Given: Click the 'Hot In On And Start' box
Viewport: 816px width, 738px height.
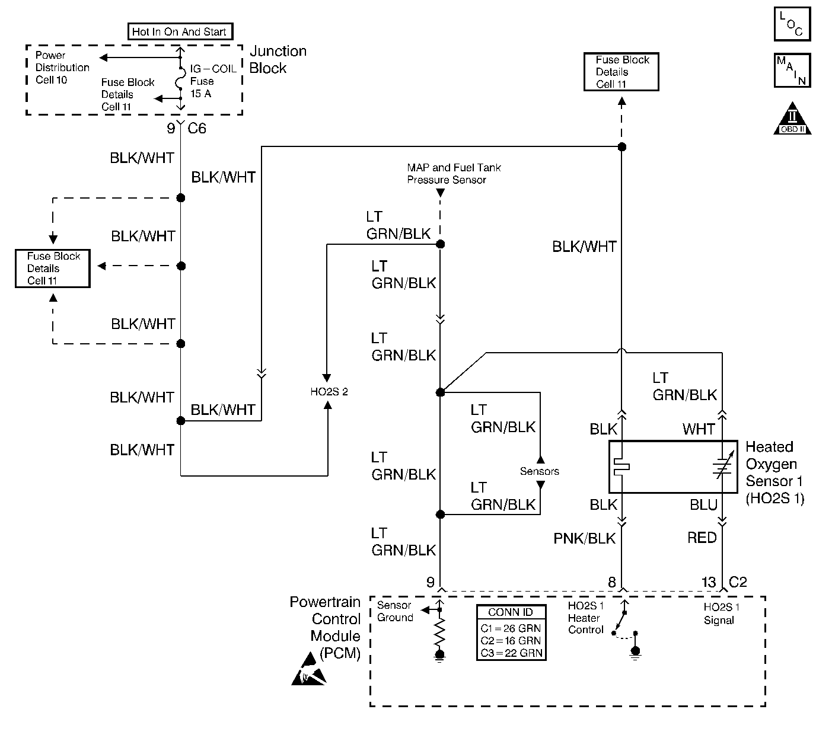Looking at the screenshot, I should click(180, 31).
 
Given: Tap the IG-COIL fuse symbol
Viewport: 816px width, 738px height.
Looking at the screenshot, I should click(180, 82).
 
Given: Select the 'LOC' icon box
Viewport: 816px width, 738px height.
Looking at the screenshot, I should click(792, 24).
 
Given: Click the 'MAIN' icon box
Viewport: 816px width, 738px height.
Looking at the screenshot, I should click(792, 71).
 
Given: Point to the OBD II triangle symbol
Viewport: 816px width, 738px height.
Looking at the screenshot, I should click(792, 120).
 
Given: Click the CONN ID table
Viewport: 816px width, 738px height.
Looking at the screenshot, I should click(511, 632).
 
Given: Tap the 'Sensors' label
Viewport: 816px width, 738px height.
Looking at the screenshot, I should click(540, 471).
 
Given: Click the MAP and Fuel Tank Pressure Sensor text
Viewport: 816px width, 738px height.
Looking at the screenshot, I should click(454, 174).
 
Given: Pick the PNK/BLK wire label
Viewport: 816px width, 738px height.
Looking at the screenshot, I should click(585, 538).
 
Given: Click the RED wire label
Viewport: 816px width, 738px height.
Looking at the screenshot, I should click(702, 538).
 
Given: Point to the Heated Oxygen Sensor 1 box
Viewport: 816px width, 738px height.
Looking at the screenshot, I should click(673, 467).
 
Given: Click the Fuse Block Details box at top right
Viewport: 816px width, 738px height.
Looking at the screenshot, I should click(621, 72).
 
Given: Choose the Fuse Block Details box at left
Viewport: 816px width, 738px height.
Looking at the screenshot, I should click(53, 269).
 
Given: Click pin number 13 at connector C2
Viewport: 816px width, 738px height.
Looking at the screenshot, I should click(709, 583).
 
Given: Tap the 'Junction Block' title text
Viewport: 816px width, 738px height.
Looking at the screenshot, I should click(278, 59).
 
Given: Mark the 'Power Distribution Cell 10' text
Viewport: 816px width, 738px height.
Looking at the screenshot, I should click(62, 68).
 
